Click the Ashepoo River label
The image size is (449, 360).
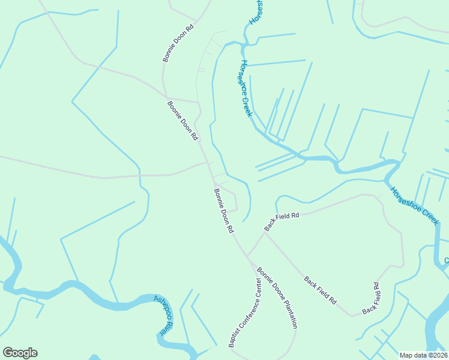coord(163,315)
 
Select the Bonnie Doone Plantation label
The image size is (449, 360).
coord(277,298)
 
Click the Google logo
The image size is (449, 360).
coord(20,353)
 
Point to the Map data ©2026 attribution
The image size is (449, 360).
coord(424,355)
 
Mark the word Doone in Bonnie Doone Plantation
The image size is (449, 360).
coord(272,290)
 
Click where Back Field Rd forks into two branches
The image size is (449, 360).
coord(264,232)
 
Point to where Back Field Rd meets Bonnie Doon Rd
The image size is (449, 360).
coord(247,255)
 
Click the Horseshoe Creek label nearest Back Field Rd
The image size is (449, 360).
coord(415,206)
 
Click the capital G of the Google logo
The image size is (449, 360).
coord(8,353)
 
